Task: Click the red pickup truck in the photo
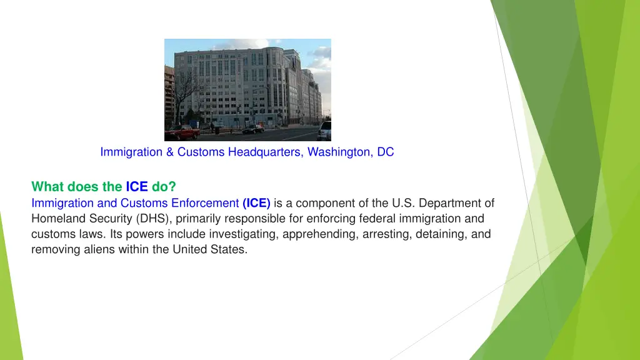tap(182, 132)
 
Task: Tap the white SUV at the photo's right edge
tap(324, 131)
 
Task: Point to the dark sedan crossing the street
tap(253, 129)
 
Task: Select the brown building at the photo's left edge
tap(169, 94)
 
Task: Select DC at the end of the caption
tap(386, 152)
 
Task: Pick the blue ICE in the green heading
tap(137, 186)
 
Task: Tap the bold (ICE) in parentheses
tap(256, 203)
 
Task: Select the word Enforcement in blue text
tap(204, 203)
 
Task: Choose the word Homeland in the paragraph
tap(55, 219)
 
